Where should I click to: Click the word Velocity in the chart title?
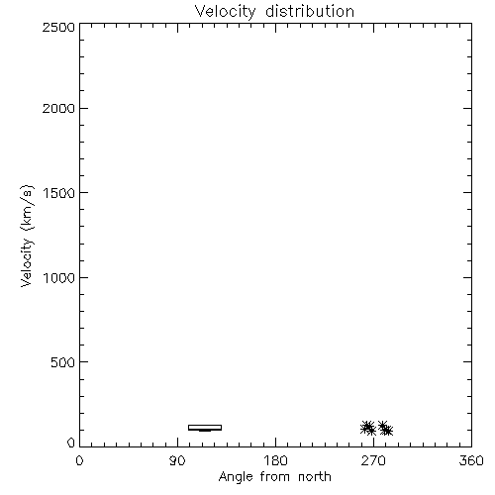tap(226, 12)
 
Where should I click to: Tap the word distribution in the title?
tap(310, 11)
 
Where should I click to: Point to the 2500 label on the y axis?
tap(58, 27)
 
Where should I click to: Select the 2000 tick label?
tap(58, 108)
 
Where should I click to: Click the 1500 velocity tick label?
tap(59, 193)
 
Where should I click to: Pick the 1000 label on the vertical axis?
tap(59, 277)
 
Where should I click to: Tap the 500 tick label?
tap(63, 362)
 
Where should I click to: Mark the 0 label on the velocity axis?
tap(71, 443)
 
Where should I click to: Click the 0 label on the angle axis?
tap(79, 460)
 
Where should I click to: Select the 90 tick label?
tap(177, 460)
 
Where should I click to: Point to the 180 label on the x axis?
tap(275, 460)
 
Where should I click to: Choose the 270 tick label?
tap(373, 460)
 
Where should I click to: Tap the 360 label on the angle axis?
tap(471, 460)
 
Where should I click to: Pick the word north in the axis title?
tap(315, 477)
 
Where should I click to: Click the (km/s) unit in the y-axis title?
tap(27, 208)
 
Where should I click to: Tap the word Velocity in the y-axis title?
tap(27, 262)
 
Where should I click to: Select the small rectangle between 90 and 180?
tap(205, 426)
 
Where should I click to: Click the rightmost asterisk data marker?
tap(388, 431)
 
